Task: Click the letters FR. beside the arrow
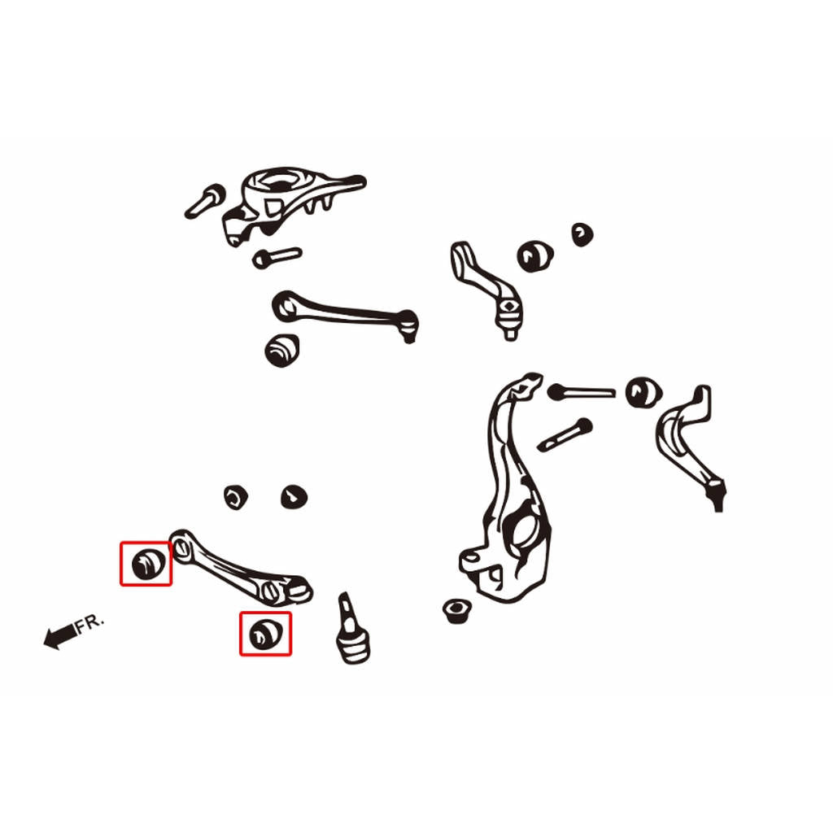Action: (89, 623)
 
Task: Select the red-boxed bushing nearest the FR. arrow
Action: (148, 564)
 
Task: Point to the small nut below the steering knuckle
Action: (456, 611)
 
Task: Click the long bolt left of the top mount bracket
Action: (204, 201)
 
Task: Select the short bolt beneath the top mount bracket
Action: (277, 258)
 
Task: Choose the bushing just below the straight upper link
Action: (282, 350)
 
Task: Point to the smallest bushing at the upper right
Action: (582, 235)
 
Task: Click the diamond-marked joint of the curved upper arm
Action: (509, 307)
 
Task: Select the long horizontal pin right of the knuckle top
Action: (581, 392)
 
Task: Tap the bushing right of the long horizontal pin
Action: (643, 393)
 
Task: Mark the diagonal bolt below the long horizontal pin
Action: (565, 435)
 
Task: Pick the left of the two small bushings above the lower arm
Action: (235, 497)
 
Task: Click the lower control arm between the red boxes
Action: (240, 569)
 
